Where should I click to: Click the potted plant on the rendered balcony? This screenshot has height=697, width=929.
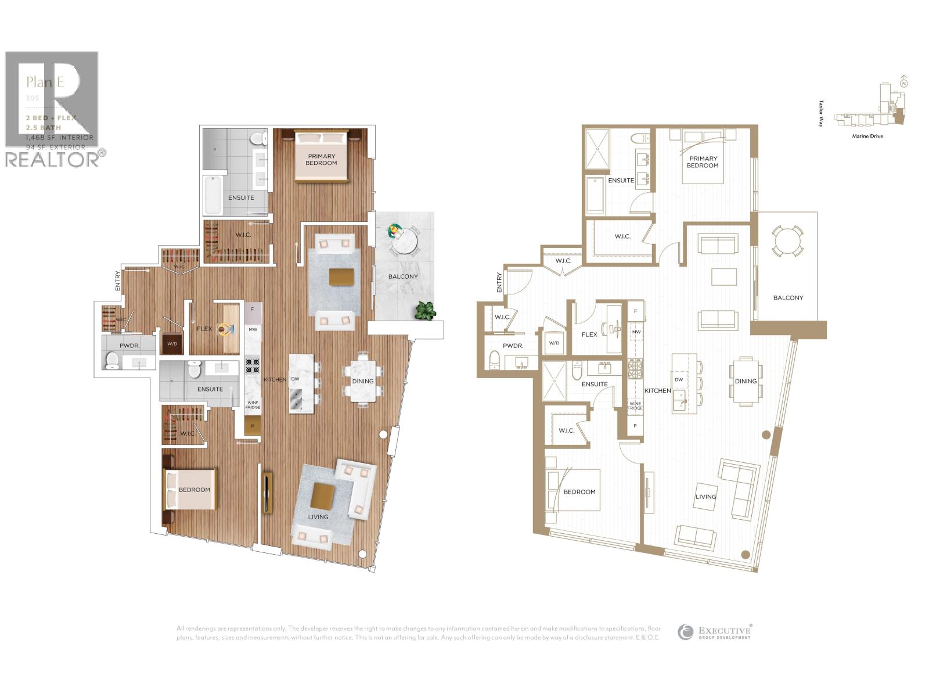pyautogui.click(x=425, y=311)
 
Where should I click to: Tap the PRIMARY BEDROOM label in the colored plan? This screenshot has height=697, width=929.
pyautogui.click(x=322, y=159)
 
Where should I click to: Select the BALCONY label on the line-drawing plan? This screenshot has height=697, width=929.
pyautogui.click(x=788, y=297)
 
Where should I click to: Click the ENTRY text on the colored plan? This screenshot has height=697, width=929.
pyautogui.click(x=118, y=281)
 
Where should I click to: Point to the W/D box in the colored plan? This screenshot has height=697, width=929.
pyautogui.click(x=172, y=343)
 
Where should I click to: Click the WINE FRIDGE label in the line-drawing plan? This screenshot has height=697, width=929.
pyautogui.click(x=635, y=405)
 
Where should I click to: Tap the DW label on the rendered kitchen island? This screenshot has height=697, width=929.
pyautogui.click(x=295, y=379)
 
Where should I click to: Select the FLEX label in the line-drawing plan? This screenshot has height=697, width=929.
pyautogui.click(x=589, y=335)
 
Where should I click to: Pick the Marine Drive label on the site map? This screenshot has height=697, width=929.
pyautogui.click(x=867, y=136)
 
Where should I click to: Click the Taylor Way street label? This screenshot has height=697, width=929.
pyautogui.click(x=821, y=113)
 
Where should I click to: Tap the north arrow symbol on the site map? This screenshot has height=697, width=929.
pyautogui.click(x=903, y=82)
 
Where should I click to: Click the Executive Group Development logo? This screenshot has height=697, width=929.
pyautogui.click(x=715, y=632)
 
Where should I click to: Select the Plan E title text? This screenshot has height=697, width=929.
pyautogui.click(x=45, y=82)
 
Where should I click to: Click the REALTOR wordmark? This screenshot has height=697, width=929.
pyautogui.click(x=52, y=160)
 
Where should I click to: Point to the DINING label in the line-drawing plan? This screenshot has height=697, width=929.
pyautogui.click(x=746, y=381)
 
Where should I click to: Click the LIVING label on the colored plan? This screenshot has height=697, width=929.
pyautogui.click(x=318, y=516)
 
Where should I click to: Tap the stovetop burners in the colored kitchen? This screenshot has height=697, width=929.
pyautogui.click(x=253, y=365)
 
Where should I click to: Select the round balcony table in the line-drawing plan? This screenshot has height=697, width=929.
pyautogui.click(x=787, y=240)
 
